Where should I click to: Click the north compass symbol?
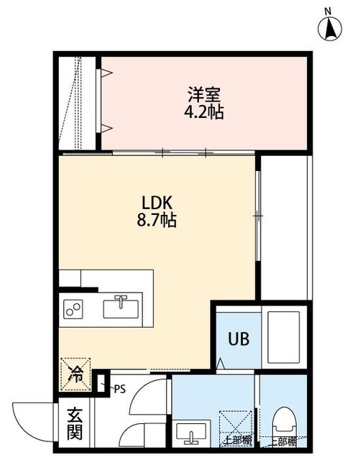point(329,26)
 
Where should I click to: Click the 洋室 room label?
point(204,95)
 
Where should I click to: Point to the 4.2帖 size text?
point(204,112)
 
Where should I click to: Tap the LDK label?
point(156,203)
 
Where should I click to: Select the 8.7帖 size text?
point(156,221)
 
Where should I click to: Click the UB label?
point(239,339)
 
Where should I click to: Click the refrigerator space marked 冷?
point(75,373)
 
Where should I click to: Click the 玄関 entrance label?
point(75,424)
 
